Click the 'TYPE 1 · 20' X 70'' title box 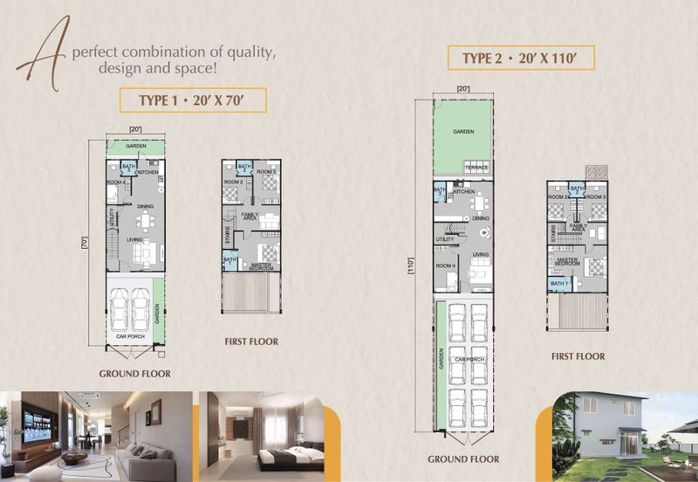(x=191, y=100)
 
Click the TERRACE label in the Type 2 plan (x=476, y=167)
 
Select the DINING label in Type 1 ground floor (x=145, y=206)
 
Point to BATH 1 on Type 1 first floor (x=229, y=260)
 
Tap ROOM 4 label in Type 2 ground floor (x=445, y=265)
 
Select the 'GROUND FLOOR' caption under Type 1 (x=134, y=373)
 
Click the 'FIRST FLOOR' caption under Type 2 (x=578, y=356)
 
